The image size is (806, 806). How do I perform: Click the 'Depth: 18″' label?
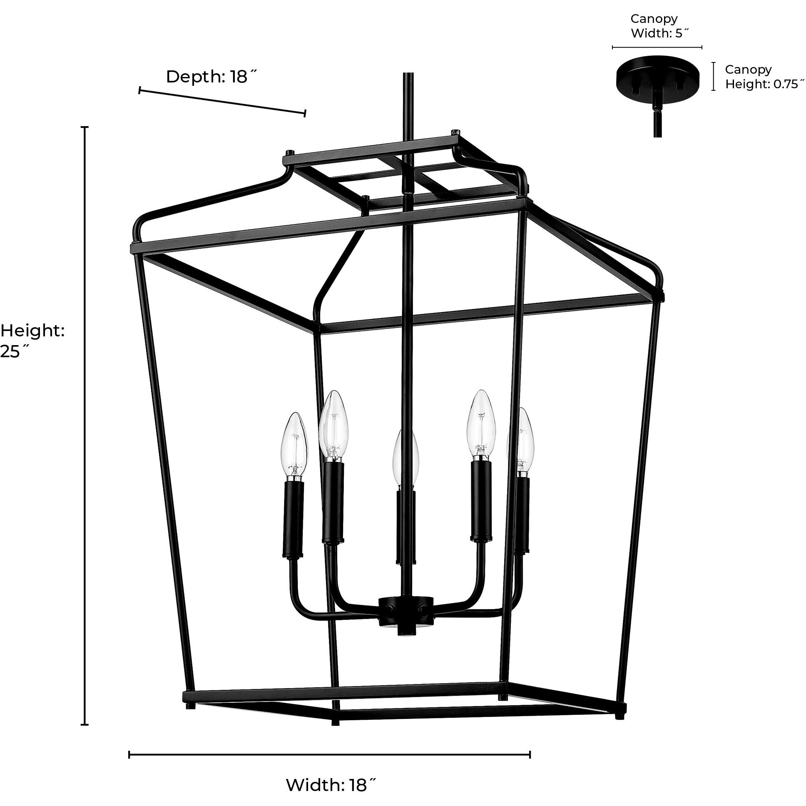(x=212, y=77)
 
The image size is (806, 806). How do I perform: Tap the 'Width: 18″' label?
(x=331, y=785)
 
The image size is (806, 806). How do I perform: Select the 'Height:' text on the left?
(x=32, y=331)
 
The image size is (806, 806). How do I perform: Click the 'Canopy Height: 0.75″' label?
(x=764, y=76)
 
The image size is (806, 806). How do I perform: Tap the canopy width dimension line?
(x=657, y=47)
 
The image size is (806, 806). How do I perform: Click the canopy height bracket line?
(x=714, y=76)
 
